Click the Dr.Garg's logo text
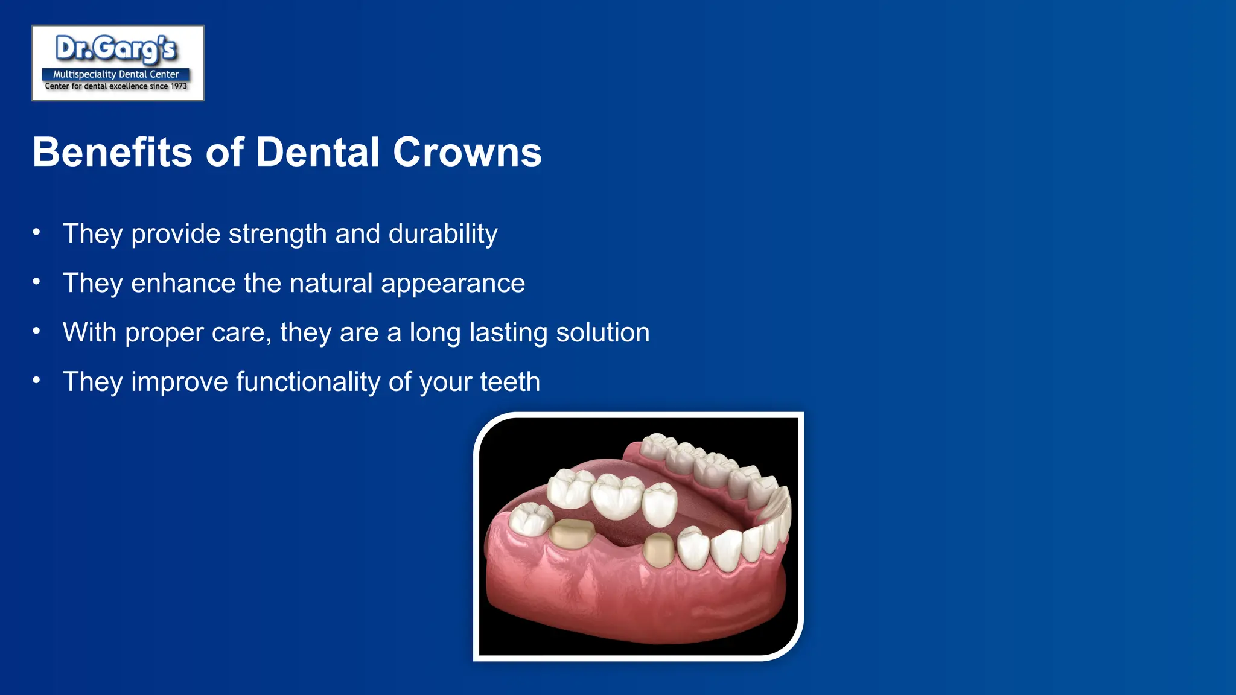pyautogui.click(x=116, y=49)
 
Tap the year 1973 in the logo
pyautogui.click(x=179, y=86)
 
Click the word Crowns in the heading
pyautogui.click(x=467, y=152)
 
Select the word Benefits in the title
pyautogui.click(x=112, y=152)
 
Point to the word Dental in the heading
pyautogui.click(x=317, y=152)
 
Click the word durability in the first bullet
pyautogui.click(x=443, y=234)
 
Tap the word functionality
pyautogui.click(x=308, y=382)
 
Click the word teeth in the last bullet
pyautogui.click(x=510, y=382)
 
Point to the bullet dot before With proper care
pyautogui.click(x=37, y=331)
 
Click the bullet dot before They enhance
pyautogui.click(x=37, y=281)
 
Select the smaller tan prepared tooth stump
pyautogui.click(x=658, y=550)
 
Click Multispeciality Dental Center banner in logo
pyautogui.click(x=116, y=74)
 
